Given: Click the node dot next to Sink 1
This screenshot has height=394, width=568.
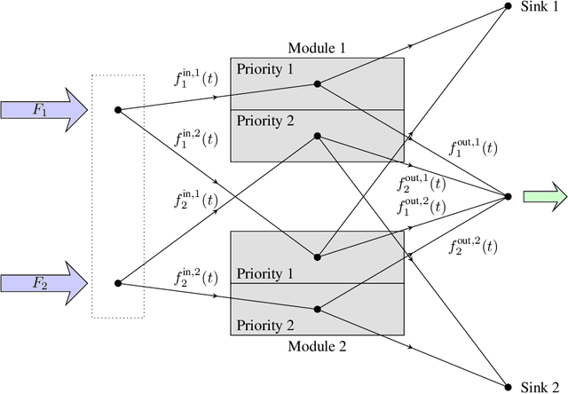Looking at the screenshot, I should pos(509,6).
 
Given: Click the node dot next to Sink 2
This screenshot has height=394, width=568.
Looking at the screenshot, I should pos(509,386).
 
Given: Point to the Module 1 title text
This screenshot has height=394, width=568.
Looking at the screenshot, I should pos(317,48).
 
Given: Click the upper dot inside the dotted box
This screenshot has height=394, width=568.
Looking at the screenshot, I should pos(118,110).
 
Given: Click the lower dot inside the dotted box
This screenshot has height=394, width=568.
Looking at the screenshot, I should pos(118,283).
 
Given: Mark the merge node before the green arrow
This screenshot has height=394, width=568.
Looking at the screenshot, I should pos(509,196).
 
